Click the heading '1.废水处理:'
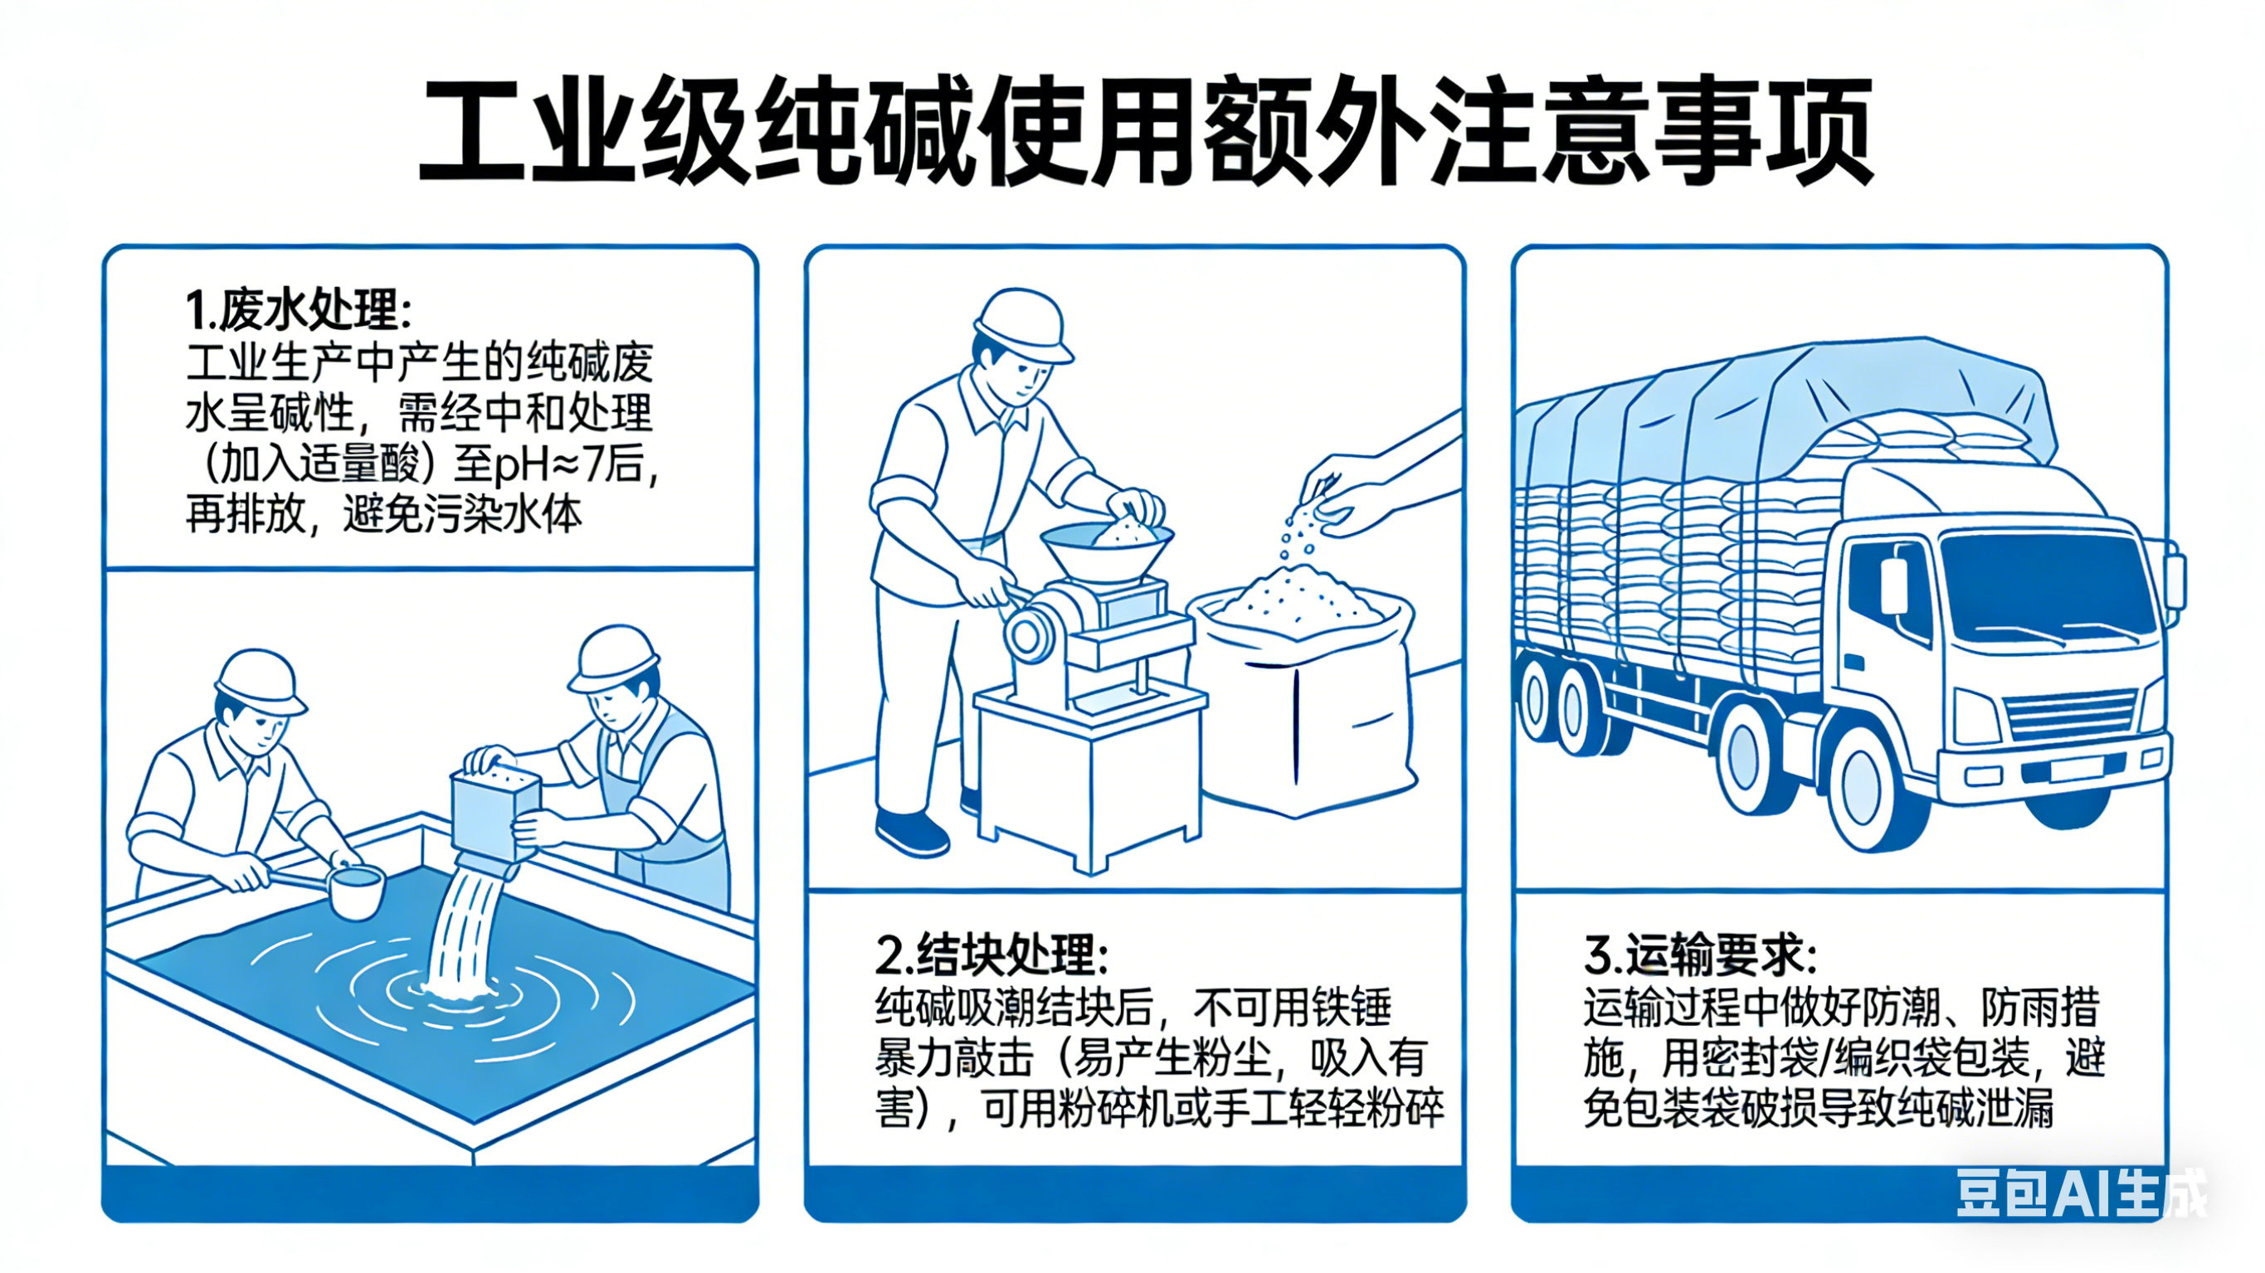297,309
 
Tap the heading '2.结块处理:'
991,955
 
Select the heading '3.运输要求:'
1699,955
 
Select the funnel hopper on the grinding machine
1106,552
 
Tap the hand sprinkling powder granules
1345,497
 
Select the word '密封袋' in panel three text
1759,1058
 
